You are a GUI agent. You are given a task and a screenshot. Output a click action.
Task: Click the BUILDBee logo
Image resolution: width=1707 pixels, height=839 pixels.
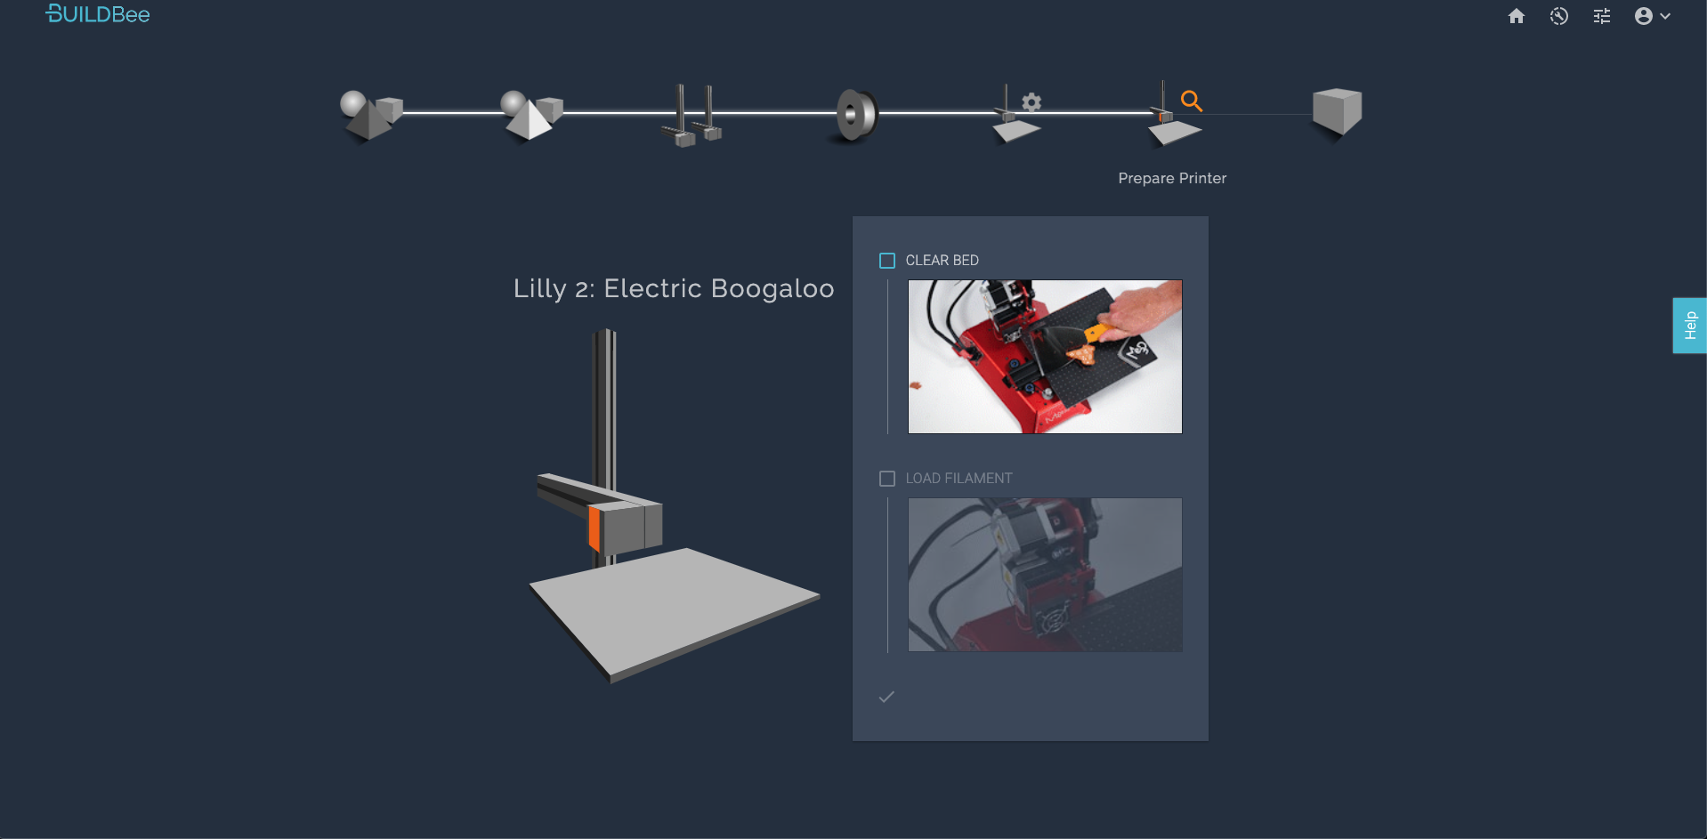point(98,14)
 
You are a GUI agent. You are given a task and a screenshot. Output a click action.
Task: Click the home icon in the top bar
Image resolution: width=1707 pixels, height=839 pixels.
point(1517,16)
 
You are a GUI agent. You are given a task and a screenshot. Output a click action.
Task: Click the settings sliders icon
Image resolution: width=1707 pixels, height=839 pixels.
point(1602,16)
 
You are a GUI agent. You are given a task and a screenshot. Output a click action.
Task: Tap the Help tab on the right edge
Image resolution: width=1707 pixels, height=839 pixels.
point(1689,326)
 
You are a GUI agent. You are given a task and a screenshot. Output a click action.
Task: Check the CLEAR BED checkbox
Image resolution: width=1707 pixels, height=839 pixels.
point(887,261)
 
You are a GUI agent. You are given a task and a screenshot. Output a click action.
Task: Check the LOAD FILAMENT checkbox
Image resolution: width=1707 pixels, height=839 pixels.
point(887,479)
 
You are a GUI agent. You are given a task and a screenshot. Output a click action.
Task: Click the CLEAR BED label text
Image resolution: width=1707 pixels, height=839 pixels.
point(942,261)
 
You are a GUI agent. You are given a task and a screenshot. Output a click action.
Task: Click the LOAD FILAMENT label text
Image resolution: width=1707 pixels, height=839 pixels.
point(959,479)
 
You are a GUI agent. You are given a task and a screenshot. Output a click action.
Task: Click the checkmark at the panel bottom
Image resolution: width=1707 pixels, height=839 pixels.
point(886,697)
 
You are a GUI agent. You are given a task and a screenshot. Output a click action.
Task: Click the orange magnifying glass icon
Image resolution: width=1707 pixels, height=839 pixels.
point(1192,101)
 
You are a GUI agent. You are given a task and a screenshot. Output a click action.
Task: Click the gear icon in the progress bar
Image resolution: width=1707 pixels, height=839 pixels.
point(1031,102)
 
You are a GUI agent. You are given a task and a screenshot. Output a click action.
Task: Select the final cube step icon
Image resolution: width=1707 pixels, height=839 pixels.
point(1337,112)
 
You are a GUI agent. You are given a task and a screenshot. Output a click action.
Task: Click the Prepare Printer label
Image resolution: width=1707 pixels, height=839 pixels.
point(1172,178)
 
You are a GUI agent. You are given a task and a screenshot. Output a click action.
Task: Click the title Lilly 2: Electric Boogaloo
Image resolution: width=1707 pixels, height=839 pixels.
point(674,288)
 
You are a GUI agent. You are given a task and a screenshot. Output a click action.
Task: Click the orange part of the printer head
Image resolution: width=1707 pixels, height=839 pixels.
point(595,528)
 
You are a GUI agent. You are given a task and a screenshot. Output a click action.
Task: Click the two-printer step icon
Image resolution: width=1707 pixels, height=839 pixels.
point(692,115)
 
